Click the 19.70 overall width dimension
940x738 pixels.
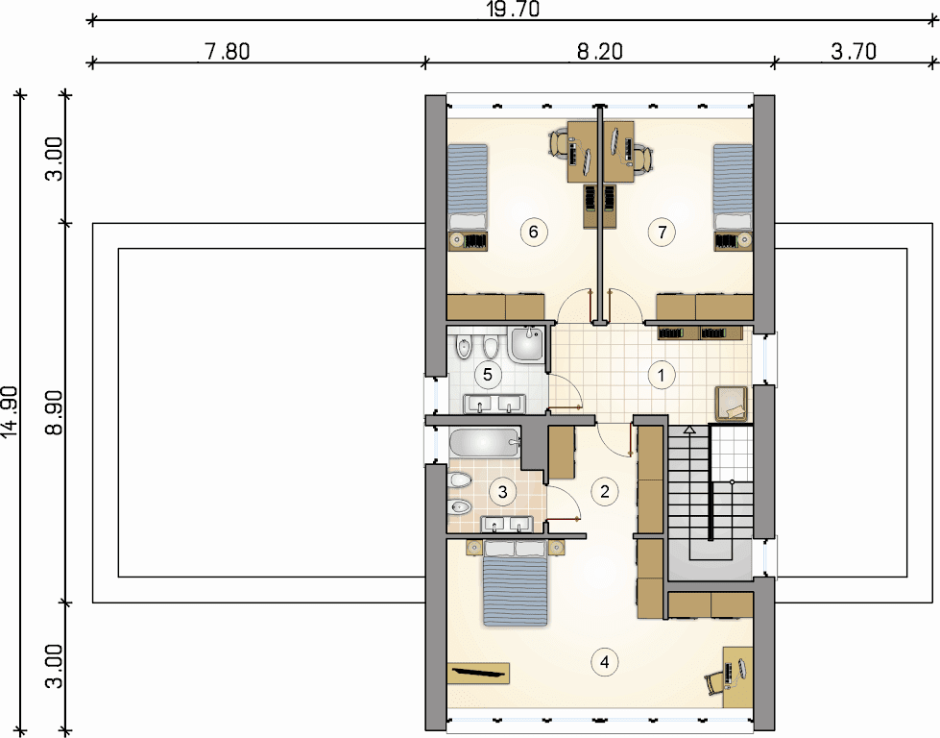(x=513, y=10)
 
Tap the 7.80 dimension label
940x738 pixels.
(x=228, y=52)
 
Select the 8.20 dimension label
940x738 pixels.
(x=599, y=52)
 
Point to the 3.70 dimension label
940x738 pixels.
(x=854, y=52)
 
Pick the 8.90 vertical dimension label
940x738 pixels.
(x=54, y=413)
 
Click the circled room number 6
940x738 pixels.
(x=534, y=232)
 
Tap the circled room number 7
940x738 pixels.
(x=662, y=232)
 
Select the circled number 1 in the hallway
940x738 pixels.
(x=662, y=376)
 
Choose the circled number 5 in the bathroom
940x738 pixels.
(x=488, y=375)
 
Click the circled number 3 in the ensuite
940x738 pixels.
(x=502, y=492)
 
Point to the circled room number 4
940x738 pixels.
(x=604, y=662)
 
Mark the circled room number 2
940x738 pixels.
(x=604, y=491)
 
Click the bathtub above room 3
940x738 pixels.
(x=485, y=444)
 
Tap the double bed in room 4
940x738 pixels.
(x=516, y=583)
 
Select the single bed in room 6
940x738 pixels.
(x=468, y=187)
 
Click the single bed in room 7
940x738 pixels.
(x=733, y=187)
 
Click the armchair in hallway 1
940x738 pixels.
(x=731, y=404)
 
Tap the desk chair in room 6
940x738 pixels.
(x=560, y=144)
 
